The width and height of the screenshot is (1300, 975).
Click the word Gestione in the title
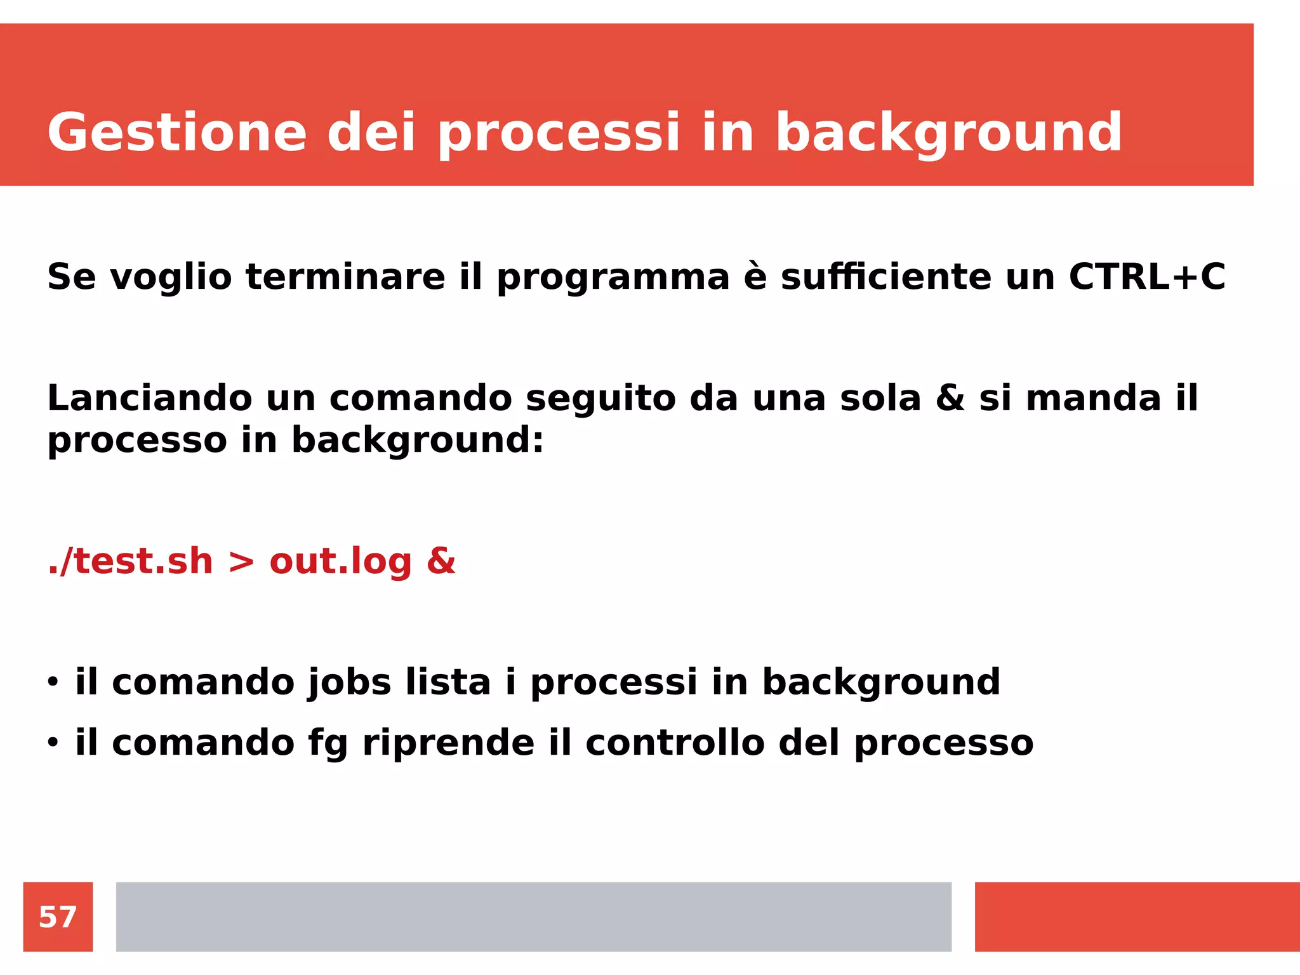(x=177, y=133)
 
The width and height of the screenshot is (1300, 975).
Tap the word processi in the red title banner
(x=559, y=133)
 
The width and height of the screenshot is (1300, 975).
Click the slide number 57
(x=58, y=917)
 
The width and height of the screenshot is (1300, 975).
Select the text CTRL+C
(x=1147, y=277)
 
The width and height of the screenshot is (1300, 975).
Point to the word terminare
(x=345, y=277)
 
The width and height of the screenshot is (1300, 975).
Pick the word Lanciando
(x=149, y=399)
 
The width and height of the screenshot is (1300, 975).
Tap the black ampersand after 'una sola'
(x=950, y=399)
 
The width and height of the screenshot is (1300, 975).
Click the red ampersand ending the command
(x=441, y=561)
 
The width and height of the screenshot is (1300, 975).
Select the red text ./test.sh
(x=130, y=561)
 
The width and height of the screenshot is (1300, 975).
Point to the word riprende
(x=449, y=743)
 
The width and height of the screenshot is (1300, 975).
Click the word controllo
(x=675, y=743)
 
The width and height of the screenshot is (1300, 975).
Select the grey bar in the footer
(x=533, y=916)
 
